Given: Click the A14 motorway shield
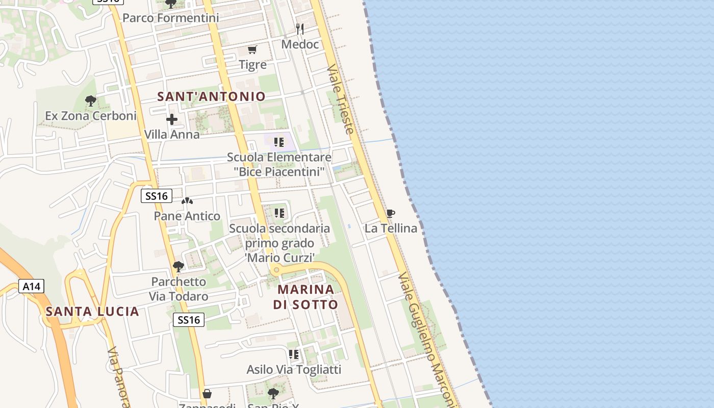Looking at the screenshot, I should (x=32, y=286).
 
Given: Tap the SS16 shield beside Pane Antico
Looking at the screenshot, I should (x=157, y=196).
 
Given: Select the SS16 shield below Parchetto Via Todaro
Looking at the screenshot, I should (x=189, y=320).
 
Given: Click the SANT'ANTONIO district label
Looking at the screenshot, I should (x=211, y=96).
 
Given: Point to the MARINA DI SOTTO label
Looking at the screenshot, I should (x=305, y=297).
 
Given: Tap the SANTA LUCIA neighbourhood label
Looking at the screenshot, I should (x=92, y=311).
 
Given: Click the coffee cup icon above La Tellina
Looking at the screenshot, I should (x=391, y=214).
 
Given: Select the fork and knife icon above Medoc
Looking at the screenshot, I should (x=300, y=29).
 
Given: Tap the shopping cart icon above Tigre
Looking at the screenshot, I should (x=252, y=49).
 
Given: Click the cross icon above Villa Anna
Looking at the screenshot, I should (x=172, y=120).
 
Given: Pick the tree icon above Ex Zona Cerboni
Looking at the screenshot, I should (x=91, y=101).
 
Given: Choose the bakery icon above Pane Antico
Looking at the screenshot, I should (x=187, y=201).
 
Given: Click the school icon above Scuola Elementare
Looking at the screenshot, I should (x=279, y=142).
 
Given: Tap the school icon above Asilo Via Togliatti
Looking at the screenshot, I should (x=294, y=354).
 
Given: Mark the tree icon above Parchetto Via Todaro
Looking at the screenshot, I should (x=178, y=266).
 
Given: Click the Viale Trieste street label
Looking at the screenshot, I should (x=341, y=99).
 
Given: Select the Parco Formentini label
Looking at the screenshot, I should (x=171, y=18).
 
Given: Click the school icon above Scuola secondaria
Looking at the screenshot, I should (x=279, y=213).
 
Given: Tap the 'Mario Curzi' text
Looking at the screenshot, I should (x=279, y=258).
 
